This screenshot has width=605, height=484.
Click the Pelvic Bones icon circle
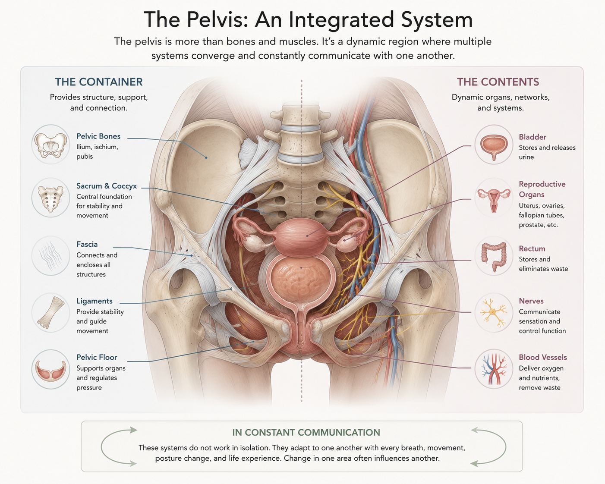point(50,145)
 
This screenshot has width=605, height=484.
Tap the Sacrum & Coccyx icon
point(50,198)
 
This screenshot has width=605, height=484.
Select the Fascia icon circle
point(50,256)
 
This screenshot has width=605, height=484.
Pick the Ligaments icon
point(50,313)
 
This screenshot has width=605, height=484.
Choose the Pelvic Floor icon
point(50,369)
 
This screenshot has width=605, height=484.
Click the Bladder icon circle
point(494,145)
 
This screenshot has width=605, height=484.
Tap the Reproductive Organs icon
point(494,198)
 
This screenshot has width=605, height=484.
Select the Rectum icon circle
point(494,256)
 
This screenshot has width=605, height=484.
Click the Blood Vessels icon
point(494,369)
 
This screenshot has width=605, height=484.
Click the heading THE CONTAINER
point(99,82)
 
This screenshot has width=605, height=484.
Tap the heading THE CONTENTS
point(498,82)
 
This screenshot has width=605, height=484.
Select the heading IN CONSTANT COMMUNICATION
point(306,433)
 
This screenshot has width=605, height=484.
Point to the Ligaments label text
point(95,301)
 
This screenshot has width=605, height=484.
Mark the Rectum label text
point(532,249)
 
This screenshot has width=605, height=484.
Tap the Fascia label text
point(87,244)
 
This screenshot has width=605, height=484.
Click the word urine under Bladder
point(526,157)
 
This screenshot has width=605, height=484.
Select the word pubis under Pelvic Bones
point(85,157)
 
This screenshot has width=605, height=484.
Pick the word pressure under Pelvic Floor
point(89,388)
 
